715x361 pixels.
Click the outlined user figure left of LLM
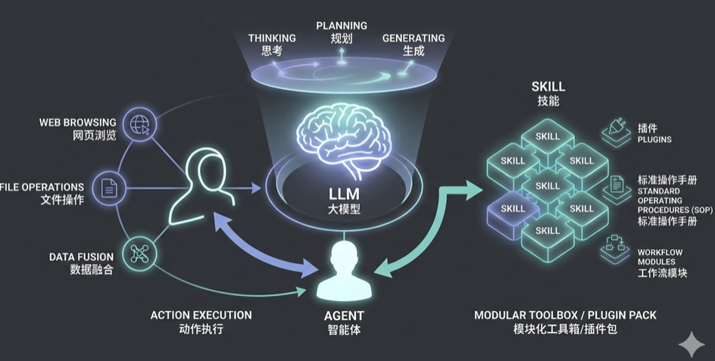(198, 186)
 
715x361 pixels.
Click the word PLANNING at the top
(342, 26)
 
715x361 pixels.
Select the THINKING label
(272, 38)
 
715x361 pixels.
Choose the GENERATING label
(414, 38)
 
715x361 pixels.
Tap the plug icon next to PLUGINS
(616, 129)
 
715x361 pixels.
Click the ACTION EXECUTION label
(201, 315)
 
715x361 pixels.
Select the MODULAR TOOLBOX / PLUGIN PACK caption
(565, 315)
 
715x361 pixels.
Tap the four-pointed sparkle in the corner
(691, 344)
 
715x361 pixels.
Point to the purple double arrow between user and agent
(265, 243)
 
